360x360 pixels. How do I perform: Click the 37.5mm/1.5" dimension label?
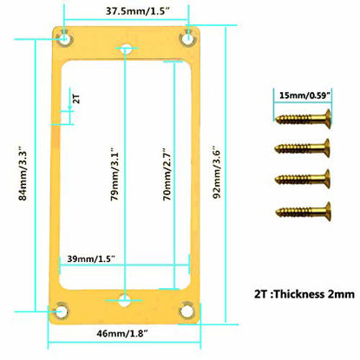pos(137,11)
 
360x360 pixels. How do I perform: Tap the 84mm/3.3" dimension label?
pos(23,175)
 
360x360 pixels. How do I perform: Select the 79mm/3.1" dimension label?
pos(115,174)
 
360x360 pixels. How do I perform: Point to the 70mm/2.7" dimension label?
pos(167,174)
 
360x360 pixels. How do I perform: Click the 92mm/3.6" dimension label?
pos(217,172)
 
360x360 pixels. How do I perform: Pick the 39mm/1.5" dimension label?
pos(91,259)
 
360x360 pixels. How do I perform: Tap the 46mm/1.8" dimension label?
pos(122,333)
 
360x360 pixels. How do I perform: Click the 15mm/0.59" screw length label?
pos(304,95)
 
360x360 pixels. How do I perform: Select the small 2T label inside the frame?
pos(76,99)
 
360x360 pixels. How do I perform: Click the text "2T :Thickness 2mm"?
pos(304,294)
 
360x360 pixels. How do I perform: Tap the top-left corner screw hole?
pos(65,38)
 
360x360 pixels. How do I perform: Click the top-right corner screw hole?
pos(188,38)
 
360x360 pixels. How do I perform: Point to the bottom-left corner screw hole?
pos(61,311)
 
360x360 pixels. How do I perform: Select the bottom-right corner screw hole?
pos(187,311)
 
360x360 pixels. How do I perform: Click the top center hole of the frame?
pos(127,49)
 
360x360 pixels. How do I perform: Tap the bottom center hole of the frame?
pos(125,300)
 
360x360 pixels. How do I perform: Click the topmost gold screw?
pos(303,118)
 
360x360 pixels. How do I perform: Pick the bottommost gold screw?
pos(304,211)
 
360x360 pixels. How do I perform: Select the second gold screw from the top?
pos(302,148)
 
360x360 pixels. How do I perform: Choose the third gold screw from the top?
pos(303,179)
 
